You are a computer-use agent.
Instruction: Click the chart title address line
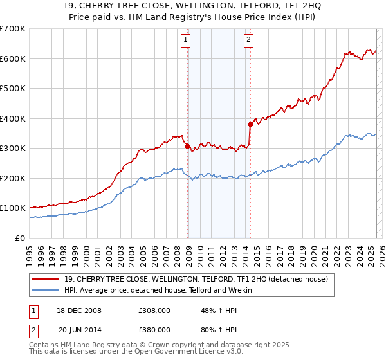click(193, 6)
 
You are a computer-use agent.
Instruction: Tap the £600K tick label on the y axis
click(13, 59)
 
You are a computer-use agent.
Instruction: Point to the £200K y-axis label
click(13, 178)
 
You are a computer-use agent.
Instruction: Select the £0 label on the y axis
click(19, 238)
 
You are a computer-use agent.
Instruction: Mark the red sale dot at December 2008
click(188, 146)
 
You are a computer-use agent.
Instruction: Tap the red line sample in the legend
click(45, 279)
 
